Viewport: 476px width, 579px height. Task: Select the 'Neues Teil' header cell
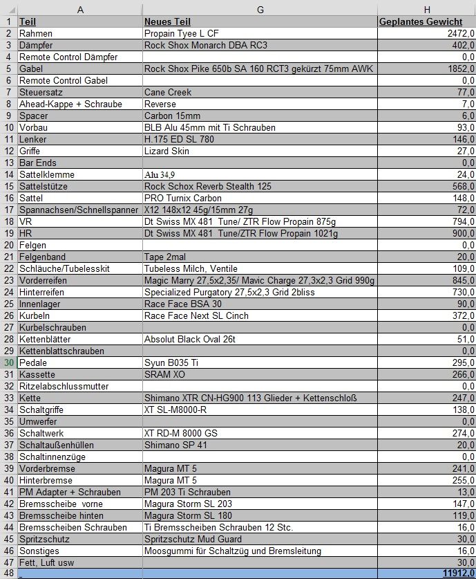click(x=168, y=21)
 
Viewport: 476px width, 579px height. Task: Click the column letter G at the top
click(x=260, y=9)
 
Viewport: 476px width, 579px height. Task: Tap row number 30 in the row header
click(x=9, y=362)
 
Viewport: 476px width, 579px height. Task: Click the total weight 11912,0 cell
click(x=458, y=573)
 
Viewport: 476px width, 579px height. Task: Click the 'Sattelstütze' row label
click(x=47, y=186)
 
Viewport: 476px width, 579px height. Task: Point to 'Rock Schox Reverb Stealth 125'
click(x=207, y=186)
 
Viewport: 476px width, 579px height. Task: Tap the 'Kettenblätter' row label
click(x=46, y=339)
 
